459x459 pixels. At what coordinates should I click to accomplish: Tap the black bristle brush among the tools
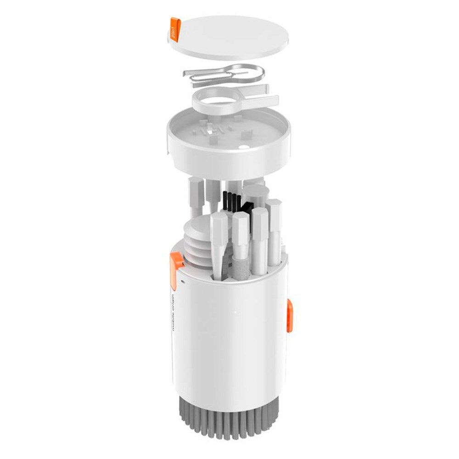click(232, 200)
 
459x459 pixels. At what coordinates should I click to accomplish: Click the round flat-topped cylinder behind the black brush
click(255, 193)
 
